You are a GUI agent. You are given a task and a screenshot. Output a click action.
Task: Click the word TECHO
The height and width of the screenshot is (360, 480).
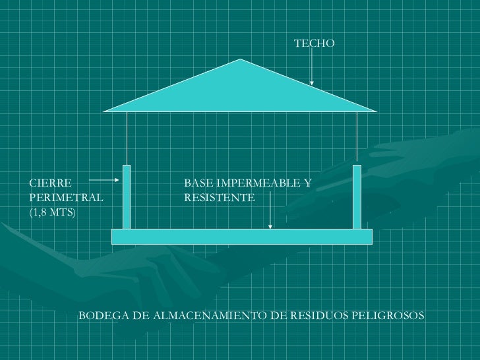tap(314, 44)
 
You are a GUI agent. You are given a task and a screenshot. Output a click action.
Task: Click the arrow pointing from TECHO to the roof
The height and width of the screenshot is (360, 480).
tap(312, 69)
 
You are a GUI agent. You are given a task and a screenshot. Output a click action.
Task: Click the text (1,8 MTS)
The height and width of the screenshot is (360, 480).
tap(53, 212)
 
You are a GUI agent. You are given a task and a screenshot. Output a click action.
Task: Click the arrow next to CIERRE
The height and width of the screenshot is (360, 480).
tap(104, 179)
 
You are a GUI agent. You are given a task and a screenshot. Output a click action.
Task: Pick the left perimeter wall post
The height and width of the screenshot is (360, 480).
tap(127, 196)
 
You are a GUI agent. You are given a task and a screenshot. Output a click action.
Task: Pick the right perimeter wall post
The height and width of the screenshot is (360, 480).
tap(357, 196)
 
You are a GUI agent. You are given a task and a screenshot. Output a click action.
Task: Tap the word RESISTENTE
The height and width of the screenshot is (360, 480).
tap(219, 197)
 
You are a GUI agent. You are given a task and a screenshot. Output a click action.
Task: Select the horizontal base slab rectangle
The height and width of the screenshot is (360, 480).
tap(242, 236)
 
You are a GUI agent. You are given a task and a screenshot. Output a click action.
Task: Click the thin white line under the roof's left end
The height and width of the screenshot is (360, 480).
tap(127, 138)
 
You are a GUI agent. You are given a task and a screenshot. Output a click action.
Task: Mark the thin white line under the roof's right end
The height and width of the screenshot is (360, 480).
tap(357, 138)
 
